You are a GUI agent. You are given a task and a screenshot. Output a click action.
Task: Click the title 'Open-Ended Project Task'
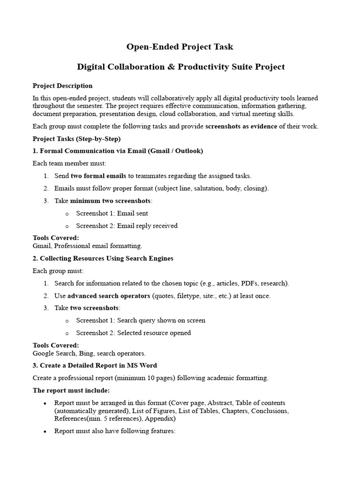(x=180, y=47)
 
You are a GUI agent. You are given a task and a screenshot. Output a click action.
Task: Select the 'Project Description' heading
(x=62, y=86)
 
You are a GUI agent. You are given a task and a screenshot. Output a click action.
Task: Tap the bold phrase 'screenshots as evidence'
(x=242, y=127)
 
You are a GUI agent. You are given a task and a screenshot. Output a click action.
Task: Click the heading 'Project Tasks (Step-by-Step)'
(x=76, y=139)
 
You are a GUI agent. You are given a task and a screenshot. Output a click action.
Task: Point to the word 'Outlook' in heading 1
(x=187, y=151)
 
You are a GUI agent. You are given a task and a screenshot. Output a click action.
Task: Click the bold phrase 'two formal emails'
(x=98, y=176)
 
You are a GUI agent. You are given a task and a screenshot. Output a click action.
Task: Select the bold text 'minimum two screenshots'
(x=111, y=201)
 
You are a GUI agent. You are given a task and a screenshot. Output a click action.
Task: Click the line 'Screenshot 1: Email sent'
(x=112, y=213)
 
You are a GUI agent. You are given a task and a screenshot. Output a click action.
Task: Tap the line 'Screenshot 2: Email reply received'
(x=127, y=225)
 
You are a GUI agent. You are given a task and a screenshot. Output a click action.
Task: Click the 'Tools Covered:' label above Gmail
(x=56, y=238)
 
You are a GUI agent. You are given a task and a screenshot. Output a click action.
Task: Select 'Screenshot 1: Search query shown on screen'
(x=141, y=321)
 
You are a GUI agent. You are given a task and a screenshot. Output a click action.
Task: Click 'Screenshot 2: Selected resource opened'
(x=133, y=333)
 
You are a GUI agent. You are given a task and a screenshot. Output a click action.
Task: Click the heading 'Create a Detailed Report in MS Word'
(x=98, y=366)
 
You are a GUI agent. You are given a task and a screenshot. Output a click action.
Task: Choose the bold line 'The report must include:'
(x=71, y=390)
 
